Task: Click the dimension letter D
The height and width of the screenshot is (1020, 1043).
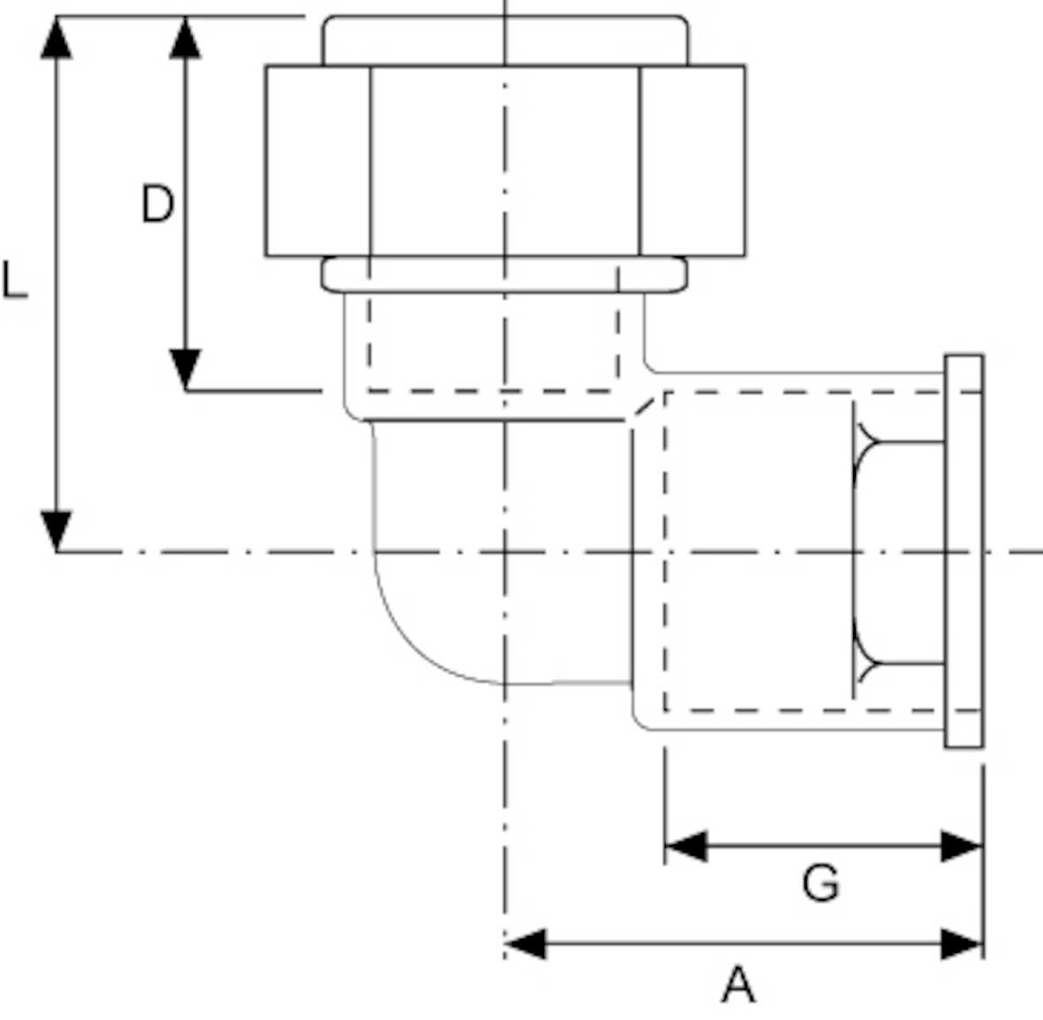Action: point(157,204)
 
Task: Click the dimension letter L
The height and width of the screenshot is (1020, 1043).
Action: point(15,281)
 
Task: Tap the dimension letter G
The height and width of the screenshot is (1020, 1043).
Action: point(820,882)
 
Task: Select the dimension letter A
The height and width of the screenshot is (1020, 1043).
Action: point(738,985)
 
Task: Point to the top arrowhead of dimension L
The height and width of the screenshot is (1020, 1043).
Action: point(57,37)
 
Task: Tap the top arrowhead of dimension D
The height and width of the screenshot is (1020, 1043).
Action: point(185,37)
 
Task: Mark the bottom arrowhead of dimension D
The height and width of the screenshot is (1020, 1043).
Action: point(185,369)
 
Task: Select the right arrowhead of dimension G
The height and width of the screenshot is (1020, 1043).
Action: point(962,846)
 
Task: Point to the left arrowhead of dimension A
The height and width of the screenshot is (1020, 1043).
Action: point(525,943)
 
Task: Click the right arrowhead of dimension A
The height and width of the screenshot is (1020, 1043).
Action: point(962,943)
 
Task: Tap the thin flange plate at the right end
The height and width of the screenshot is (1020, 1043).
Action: point(964,552)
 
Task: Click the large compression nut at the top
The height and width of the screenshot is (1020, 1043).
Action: point(504,161)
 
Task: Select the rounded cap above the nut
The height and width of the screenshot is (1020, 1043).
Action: point(504,40)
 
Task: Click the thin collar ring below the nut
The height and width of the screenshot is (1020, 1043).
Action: point(504,274)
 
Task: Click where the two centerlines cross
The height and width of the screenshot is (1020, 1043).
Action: point(504,552)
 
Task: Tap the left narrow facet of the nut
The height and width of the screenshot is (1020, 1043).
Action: point(318,161)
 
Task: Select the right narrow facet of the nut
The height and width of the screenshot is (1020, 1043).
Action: point(692,161)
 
